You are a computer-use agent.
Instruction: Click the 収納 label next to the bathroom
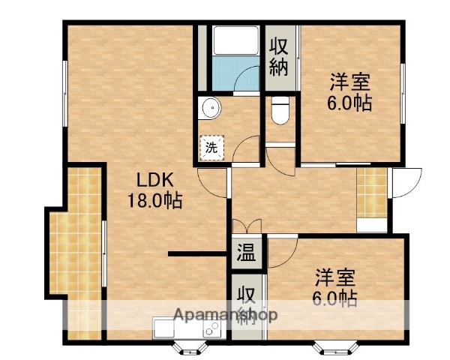280,56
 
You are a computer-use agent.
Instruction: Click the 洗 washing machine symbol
211,148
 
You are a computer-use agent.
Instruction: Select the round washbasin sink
211,109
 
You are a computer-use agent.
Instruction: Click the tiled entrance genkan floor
372,191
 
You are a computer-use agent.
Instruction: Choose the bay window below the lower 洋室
334,346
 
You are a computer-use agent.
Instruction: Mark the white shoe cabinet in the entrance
372,224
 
